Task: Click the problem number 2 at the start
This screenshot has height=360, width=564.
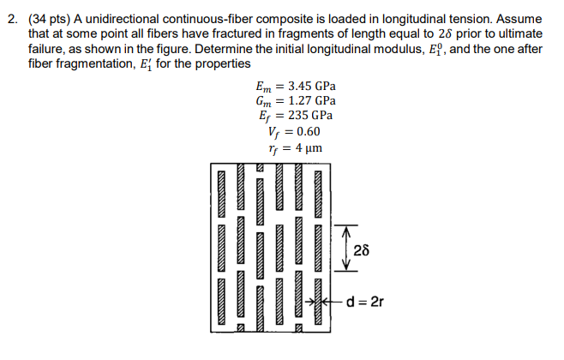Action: click(x=9, y=12)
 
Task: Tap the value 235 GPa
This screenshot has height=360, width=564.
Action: click(x=310, y=116)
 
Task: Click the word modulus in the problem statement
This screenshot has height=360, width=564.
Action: click(x=397, y=47)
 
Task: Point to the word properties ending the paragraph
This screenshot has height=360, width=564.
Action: click(x=224, y=64)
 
